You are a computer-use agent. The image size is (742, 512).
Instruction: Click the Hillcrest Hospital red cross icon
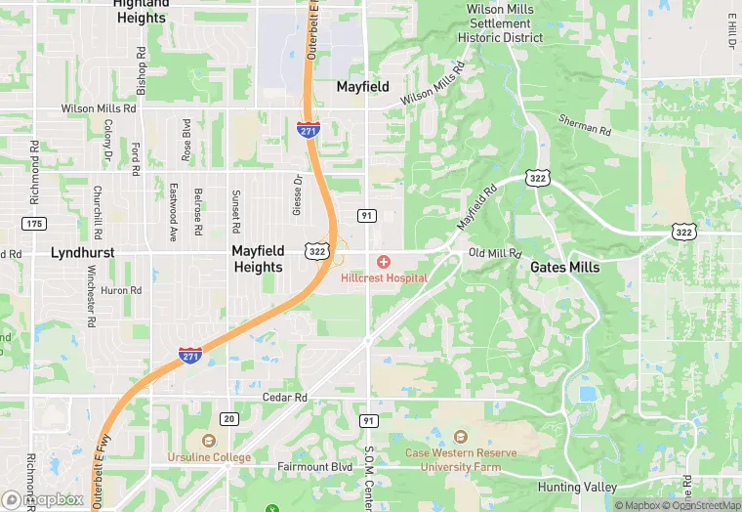(384, 262)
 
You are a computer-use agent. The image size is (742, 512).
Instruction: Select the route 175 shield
(34, 224)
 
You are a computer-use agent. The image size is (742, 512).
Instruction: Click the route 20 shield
(228, 418)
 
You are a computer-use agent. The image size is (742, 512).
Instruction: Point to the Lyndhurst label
(83, 252)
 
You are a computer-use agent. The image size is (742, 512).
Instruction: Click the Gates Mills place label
(565, 267)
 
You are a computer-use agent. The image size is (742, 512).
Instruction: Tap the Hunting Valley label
(577, 487)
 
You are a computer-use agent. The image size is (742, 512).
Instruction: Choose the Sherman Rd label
(585, 124)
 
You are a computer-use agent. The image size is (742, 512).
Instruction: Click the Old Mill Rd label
(496, 253)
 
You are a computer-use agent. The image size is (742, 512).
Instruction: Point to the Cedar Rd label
(285, 398)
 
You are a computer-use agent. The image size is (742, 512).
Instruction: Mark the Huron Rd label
(122, 290)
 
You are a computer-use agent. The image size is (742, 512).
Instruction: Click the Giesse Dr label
(298, 195)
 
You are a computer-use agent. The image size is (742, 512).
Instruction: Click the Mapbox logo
(43, 499)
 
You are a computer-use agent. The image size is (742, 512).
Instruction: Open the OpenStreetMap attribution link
(702, 505)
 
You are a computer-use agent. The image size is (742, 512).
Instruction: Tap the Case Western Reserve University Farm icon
(461, 436)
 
